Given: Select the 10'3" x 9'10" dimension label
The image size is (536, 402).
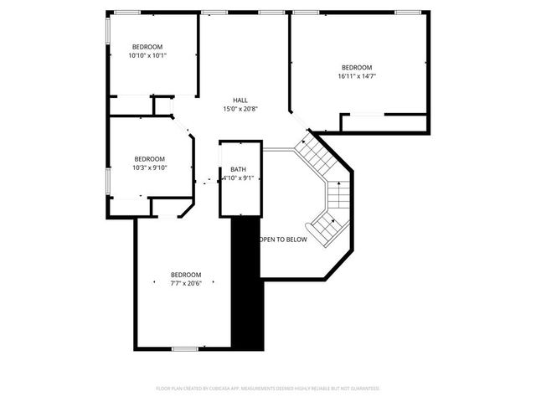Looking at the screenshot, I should [x=150, y=167].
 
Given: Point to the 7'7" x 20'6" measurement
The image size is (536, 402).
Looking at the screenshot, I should [x=186, y=284].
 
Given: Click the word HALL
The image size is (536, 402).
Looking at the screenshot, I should [x=240, y=100].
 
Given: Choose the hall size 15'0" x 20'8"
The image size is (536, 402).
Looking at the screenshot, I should [x=240, y=109].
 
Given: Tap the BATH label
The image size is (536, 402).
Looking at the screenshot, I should [x=239, y=169].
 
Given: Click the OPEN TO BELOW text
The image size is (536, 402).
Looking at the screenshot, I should [x=283, y=240].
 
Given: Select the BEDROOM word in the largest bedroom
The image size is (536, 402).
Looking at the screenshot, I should [x=358, y=67].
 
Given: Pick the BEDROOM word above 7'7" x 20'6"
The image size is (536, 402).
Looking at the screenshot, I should [x=186, y=275].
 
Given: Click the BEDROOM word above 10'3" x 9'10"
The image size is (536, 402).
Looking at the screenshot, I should [x=150, y=158].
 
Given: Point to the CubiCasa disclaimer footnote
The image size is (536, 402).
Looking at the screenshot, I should [x=268, y=389].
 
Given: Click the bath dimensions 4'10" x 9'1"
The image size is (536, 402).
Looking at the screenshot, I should [x=239, y=178].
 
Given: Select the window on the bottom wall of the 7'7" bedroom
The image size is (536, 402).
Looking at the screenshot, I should [x=184, y=348].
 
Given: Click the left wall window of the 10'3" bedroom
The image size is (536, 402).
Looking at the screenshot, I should [x=107, y=180].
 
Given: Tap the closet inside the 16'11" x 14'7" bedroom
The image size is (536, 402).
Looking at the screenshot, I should [x=385, y=123].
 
